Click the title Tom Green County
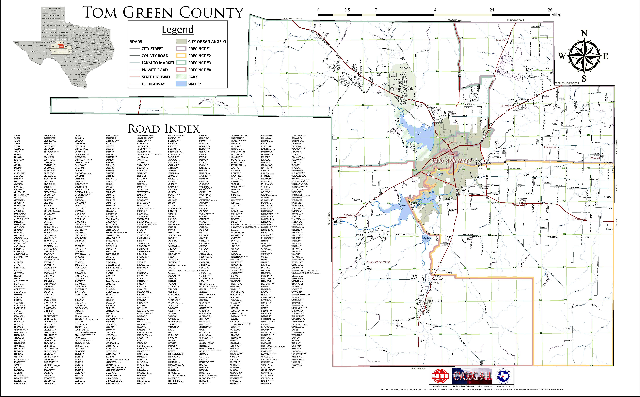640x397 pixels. click(163, 13)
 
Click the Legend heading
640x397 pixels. click(178, 29)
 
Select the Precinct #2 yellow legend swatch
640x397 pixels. click(181, 56)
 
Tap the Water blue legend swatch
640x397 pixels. click(181, 84)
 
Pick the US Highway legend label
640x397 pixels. click(153, 84)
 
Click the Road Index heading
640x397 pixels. click(164, 129)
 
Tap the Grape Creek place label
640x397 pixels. click(401, 89)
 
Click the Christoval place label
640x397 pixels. click(434, 301)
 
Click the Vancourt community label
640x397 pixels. click(579, 219)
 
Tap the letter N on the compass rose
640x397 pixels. click(584, 33)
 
